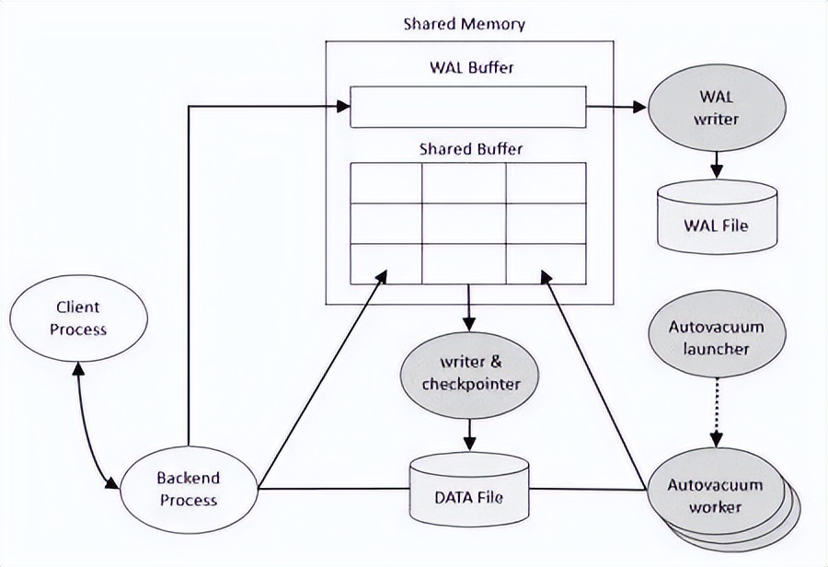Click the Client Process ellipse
(x=77, y=318)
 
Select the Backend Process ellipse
(x=188, y=489)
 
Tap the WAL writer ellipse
(x=718, y=109)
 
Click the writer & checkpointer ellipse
(x=469, y=372)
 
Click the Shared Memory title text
(x=464, y=24)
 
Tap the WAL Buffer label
(x=471, y=67)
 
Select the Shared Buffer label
(x=466, y=148)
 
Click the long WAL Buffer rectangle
(x=467, y=106)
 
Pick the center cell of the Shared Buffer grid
(x=464, y=223)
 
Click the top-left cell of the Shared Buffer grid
(x=385, y=182)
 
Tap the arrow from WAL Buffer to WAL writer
(x=616, y=107)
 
